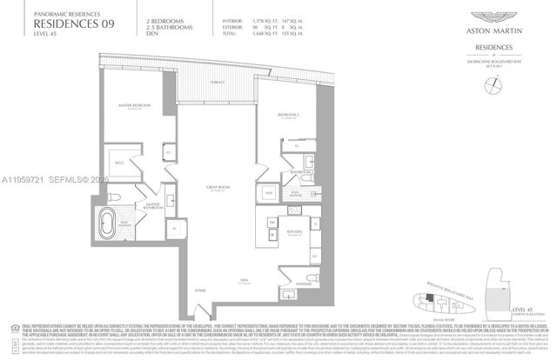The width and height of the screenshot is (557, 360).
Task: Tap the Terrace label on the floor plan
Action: click(x=217, y=81)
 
